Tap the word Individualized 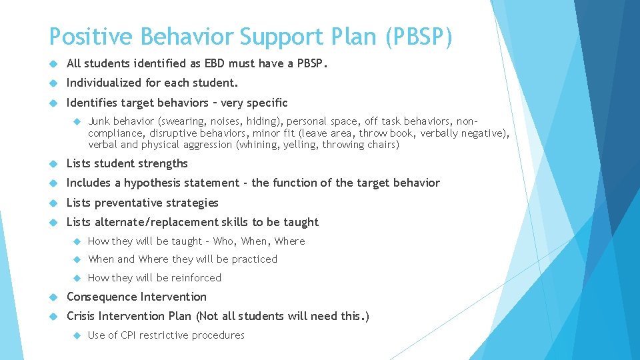103,83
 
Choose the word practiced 255,259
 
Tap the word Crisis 82,316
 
